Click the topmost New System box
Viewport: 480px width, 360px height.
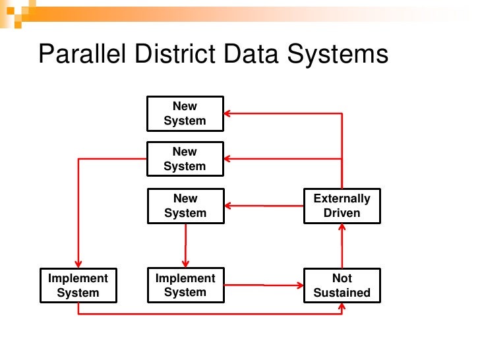coord(185,113)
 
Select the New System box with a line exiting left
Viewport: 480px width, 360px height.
coord(185,159)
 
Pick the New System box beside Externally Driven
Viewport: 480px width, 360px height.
coord(185,206)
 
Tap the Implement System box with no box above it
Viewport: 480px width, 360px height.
coord(78,285)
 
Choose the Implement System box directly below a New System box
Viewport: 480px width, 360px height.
coord(185,285)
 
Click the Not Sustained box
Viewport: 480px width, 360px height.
coord(342,285)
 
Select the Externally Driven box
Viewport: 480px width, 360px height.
coord(342,206)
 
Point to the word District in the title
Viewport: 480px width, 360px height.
coord(174,55)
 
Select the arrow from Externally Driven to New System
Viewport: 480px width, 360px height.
coord(264,206)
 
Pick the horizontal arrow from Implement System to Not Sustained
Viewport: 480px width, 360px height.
coord(264,285)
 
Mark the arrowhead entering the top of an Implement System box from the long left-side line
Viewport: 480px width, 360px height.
coord(78,263)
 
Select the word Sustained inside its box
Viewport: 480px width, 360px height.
coord(342,293)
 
